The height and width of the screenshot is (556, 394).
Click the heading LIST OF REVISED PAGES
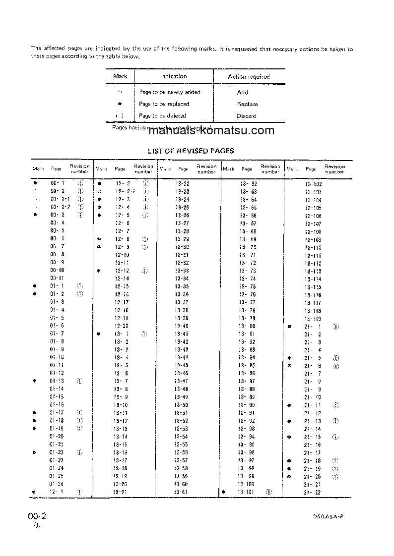[191, 151]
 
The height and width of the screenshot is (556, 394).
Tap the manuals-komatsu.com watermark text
[211, 131]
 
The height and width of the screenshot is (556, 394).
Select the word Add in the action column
[243, 92]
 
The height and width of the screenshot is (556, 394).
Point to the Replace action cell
[247, 104]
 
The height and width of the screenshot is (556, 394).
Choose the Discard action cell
[246, 116]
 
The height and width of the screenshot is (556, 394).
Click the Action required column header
[249, 77]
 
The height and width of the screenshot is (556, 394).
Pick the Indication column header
[173, 76]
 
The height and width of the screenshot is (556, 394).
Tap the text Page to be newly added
[169, 92]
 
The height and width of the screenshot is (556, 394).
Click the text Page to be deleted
[162, 116]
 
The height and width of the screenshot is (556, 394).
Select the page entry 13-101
[246, 492]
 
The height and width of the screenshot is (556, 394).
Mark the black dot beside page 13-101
[224, 492]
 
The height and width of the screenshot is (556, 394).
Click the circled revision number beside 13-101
[268, 492]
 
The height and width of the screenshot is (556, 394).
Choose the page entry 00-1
[58, 183]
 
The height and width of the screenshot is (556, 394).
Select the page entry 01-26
[57, 484]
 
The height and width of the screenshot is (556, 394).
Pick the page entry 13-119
[313, 319]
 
